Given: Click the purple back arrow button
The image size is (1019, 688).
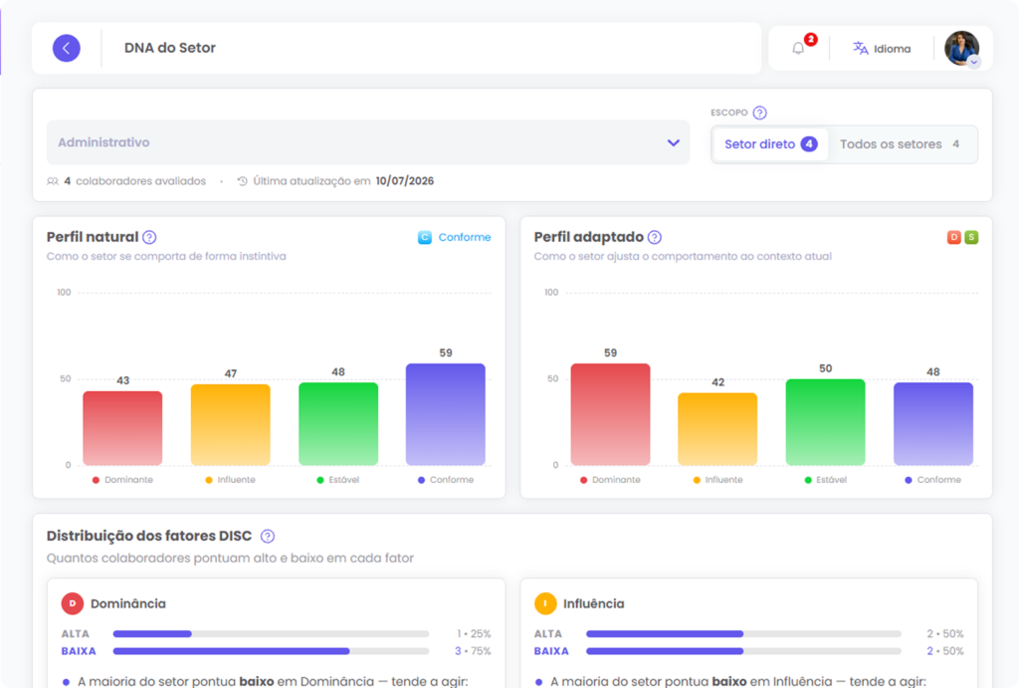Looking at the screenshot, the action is click(67, 48).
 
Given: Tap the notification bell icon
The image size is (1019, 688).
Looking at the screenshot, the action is click(798, 48).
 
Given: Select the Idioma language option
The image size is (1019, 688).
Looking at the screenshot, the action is click(882, 49).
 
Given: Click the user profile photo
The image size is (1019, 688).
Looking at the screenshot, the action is click(961, 48).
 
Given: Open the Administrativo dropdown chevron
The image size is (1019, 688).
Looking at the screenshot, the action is click(674, 142).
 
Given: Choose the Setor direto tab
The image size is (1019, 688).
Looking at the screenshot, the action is click(770, 144).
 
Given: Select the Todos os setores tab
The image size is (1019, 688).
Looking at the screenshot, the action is click(900, 144).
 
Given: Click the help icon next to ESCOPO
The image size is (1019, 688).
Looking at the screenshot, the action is click(759, 113).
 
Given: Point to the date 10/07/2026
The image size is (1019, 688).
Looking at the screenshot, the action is click(405, 181).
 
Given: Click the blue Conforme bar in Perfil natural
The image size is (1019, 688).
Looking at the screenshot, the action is click(445, 414).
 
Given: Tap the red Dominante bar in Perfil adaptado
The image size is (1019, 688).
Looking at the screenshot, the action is click(610, 414).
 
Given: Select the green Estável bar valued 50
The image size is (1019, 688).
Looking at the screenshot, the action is click(825, 422).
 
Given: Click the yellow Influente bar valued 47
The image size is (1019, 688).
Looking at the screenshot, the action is click(231, 424).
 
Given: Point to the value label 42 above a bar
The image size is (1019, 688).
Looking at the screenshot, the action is click(718, 382).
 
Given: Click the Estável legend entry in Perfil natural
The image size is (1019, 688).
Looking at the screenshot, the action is click(338, 480).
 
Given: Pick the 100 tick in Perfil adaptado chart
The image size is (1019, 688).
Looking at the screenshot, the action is click(551, 293).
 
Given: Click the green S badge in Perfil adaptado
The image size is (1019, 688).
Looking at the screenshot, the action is click(971, 237).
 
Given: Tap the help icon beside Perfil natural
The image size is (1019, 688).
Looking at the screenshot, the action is click(149, 237).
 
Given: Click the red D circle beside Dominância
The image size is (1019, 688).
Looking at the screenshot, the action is click(72, 603).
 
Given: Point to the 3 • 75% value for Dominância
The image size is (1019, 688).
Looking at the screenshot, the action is click(473, 651).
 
